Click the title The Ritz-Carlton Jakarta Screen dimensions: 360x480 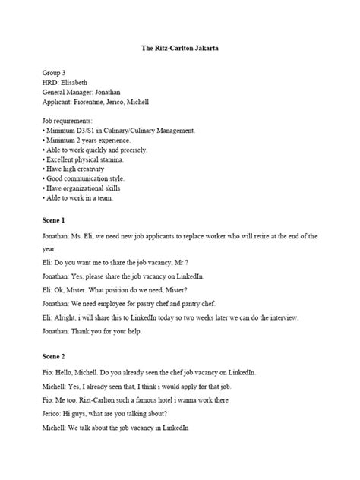(x=180, y=49)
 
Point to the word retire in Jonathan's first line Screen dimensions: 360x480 (x=262, y=236)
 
